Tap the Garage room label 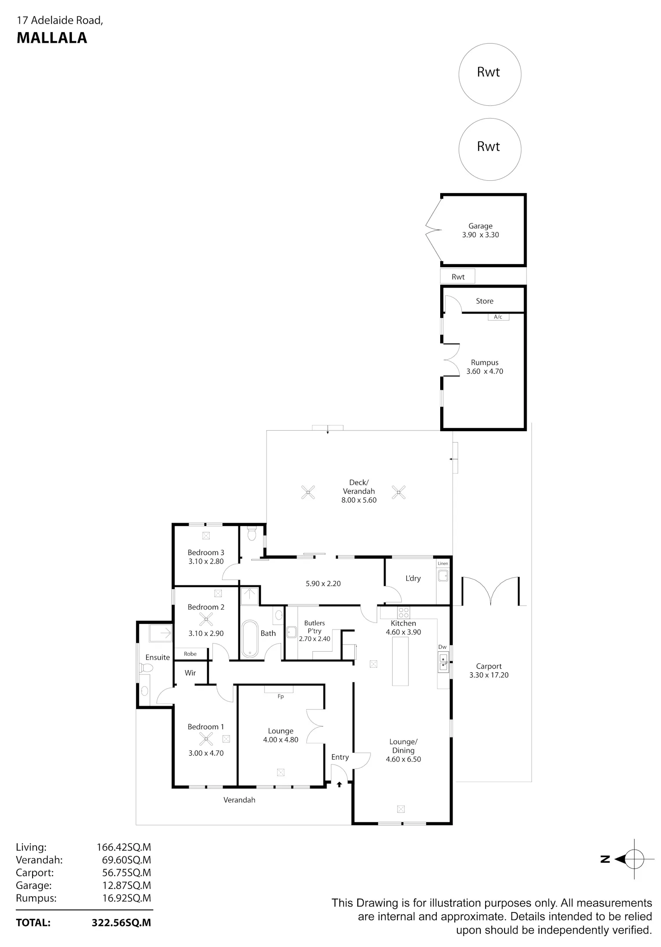coord(480,226)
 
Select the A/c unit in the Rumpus coord(498,317)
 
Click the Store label coord(484,301)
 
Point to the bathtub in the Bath coord(250,639)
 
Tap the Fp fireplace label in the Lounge coord(281,697)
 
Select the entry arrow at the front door coord(339,784)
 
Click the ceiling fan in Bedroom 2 coord(206,620)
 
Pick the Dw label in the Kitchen coord(442,647)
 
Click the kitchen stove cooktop coord(403,612)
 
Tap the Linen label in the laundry coord(443,563)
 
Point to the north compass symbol coord(628,859)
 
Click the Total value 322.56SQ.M coord(121,922)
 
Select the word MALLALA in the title coord(52,38)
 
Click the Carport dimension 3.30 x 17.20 coord(489,675)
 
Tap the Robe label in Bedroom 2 coord(190,654)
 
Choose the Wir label coord(190,673)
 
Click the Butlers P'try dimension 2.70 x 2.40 coord(314,639)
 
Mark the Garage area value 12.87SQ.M coord(127,885)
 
